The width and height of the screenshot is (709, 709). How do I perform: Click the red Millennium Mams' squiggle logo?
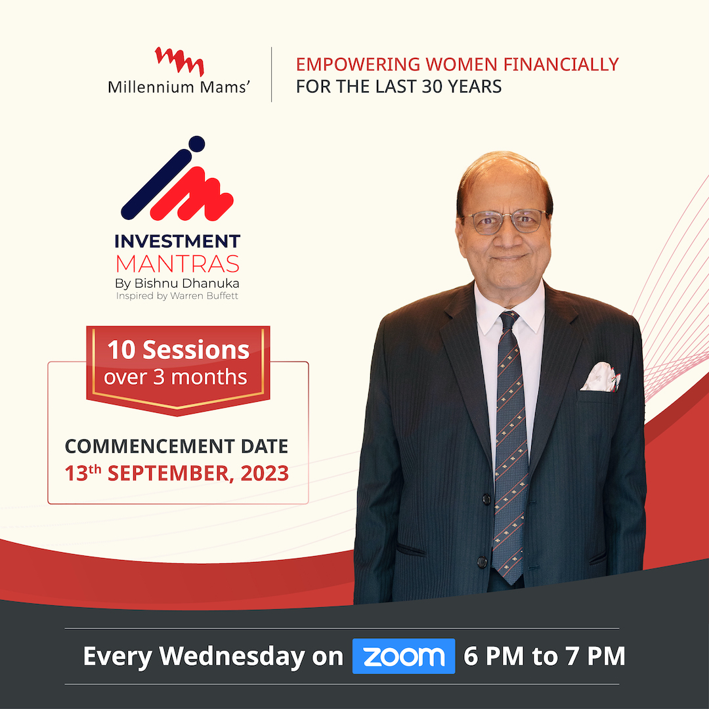(x=179, y=61)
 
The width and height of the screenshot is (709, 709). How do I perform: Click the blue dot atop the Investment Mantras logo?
(x=196, y=144)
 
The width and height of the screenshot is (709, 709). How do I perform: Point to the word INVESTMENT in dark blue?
(x=178, y=242)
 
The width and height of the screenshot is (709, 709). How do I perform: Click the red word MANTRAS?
(x=177, y=265)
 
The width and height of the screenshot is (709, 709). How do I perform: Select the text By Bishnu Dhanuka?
(x=177, y=284)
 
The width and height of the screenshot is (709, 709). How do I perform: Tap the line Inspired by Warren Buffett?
(x=177, y=296)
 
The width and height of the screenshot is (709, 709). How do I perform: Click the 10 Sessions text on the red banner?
(x=179, y=350)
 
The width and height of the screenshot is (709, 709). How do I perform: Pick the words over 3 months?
(x=175, y=377)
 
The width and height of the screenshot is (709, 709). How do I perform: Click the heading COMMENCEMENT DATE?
(x=176, y=446)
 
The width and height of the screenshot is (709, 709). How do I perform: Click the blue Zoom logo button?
(x=403, y=656)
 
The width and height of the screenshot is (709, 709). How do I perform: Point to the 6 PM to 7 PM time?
(x=544, y=656)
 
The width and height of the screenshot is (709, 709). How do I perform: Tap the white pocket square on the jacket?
(x=601, y=377)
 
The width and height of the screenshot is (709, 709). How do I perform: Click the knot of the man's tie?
(x=509, y=322)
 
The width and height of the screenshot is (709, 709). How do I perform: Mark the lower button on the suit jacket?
(x=483, y=563)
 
